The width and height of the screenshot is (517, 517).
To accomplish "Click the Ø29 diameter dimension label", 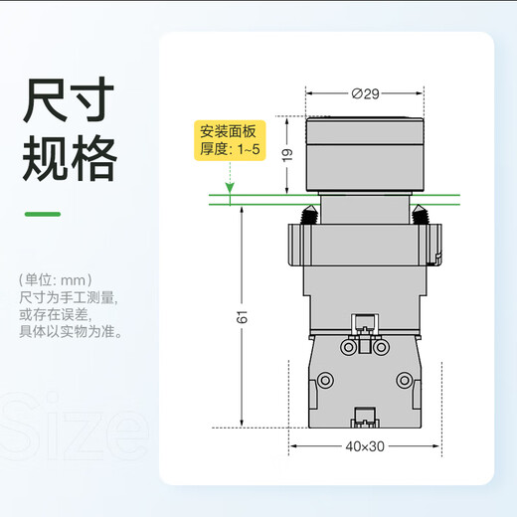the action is (x=365, y=94).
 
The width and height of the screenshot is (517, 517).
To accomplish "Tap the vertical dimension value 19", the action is (x=287, y=155).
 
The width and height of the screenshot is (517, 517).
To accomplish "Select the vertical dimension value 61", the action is (x=242, y=317).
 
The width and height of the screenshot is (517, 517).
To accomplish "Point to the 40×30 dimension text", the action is (x=365, y=446).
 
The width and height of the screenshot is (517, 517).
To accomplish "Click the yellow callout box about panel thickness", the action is (x=230, y=140).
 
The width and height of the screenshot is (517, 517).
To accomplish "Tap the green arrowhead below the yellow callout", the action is (x=230, y=188).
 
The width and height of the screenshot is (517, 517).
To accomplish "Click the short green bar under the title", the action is (x=43, y=214).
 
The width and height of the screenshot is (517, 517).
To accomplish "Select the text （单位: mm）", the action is (x=56, y=280).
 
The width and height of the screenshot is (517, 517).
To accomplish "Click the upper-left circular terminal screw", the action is (x=349, y=347).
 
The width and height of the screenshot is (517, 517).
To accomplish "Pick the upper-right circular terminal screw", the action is (x=381, y=347).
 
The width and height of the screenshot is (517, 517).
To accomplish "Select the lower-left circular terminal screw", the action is (x=325, y=380).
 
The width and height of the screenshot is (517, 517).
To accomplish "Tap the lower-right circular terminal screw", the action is (x=405, y=380).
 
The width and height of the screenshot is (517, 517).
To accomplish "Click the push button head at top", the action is (x=365, y=154).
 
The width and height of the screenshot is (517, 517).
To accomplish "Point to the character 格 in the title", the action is (x=94, y=158).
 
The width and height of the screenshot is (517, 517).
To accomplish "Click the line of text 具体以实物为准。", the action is (x=71, y=332).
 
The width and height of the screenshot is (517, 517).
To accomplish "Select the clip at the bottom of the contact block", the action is (x=365, y=418).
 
